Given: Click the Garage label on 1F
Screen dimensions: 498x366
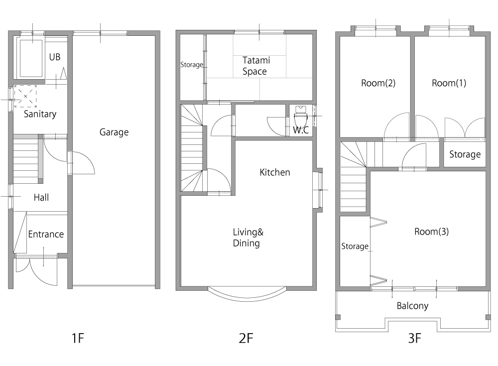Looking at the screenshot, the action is pos(114,132).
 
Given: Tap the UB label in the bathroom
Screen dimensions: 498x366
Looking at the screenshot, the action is pos(55,57).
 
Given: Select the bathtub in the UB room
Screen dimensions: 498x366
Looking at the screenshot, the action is pos(31,58).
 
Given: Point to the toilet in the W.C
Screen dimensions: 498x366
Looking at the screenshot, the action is pos(300,117).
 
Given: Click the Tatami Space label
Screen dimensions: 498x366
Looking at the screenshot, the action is pos(256,66).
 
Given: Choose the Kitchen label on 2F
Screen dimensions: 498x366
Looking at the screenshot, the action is pos(275,172).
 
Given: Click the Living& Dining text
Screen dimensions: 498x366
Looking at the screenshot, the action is pos(248,238).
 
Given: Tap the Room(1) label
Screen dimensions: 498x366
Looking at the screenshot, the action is pos(449,83).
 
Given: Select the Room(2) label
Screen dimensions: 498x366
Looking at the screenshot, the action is pos(378,83).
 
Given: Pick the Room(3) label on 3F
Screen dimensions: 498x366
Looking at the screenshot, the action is pos(432,231).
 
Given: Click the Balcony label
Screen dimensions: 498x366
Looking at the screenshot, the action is pos(412,306).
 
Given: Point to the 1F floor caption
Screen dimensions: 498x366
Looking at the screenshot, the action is pos(78,338).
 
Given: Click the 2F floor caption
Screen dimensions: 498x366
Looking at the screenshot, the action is pos(246,338).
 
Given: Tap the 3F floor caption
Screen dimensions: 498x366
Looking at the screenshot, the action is pos(414,338).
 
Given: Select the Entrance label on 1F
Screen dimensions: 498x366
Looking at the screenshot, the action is pos(46,234).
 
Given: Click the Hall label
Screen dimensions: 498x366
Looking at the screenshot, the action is pos(41,197).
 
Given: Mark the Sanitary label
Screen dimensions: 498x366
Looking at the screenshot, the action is pos(40,114).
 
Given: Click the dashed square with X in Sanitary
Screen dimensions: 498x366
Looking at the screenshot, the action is pos(25,96).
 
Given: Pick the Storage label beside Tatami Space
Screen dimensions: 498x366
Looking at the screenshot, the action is pos(192,65).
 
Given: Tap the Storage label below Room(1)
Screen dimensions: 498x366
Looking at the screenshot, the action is pos(465,154).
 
